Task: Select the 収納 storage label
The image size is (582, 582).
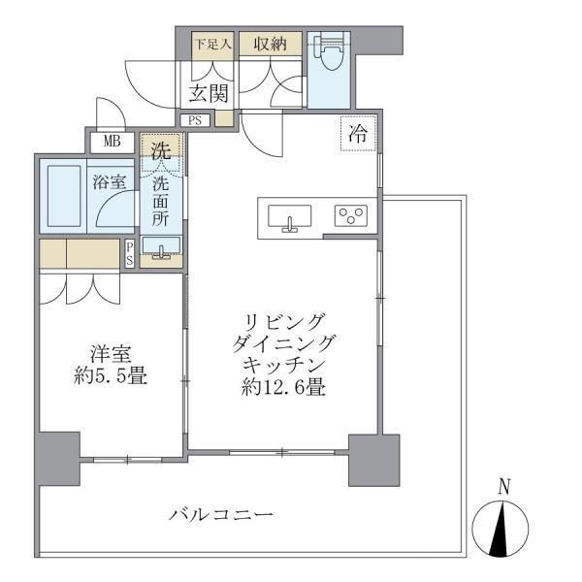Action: click(270, 44)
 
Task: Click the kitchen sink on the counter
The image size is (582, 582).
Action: click(288, 216)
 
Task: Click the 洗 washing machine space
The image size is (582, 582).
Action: click(159, 150)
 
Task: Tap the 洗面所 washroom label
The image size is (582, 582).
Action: click(159, 201)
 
